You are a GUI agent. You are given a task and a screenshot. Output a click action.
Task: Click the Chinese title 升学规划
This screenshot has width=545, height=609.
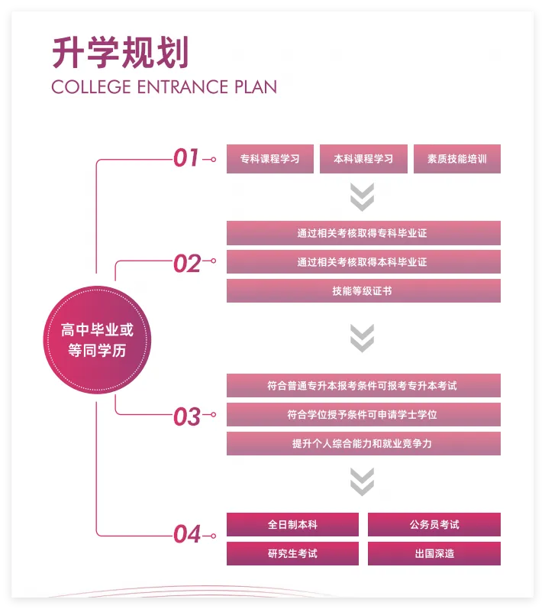tap(120, 53)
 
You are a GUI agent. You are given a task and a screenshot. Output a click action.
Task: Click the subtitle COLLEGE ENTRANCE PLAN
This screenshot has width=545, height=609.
tap(164, 87)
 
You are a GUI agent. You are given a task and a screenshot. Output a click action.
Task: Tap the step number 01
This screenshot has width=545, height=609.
tap(186, 158)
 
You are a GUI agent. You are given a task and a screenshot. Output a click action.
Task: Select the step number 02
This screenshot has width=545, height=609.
tap(186, 263)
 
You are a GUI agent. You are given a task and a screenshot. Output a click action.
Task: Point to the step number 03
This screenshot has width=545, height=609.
tap(186, 416)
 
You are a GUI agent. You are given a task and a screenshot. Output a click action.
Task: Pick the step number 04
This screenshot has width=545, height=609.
tap(186, 533)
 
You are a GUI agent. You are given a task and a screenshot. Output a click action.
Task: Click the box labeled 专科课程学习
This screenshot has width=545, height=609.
tap(270, 159)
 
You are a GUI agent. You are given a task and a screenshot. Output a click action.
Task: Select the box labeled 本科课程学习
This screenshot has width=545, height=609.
tap(363, 159)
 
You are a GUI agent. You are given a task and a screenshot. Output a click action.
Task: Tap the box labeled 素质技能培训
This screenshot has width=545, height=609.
tap(457, 159)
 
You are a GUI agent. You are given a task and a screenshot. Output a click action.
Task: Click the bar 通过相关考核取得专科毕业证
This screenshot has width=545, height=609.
tap(363, 233)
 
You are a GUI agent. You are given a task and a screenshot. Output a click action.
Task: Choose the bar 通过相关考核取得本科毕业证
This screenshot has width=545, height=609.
tap(363, 262)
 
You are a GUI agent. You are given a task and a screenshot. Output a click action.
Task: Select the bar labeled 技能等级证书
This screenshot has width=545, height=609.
tap(363, 291)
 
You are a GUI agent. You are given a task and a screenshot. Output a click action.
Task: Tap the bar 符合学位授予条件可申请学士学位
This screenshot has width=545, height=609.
tap(363, 415)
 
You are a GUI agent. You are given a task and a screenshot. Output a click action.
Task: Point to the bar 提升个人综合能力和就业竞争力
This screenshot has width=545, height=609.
tap(363, 443)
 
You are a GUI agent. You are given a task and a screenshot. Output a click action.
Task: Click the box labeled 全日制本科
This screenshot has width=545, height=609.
tap(292, 525)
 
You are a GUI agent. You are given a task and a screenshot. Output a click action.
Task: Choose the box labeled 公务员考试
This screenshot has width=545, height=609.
tap(434, 525)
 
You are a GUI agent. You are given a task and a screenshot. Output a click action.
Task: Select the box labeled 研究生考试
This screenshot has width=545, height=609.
tap(292, 553)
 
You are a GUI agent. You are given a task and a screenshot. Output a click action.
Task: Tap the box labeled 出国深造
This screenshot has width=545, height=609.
tap(434, 553)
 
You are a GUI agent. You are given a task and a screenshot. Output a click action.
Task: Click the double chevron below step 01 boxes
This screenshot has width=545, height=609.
tap(362, 196)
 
